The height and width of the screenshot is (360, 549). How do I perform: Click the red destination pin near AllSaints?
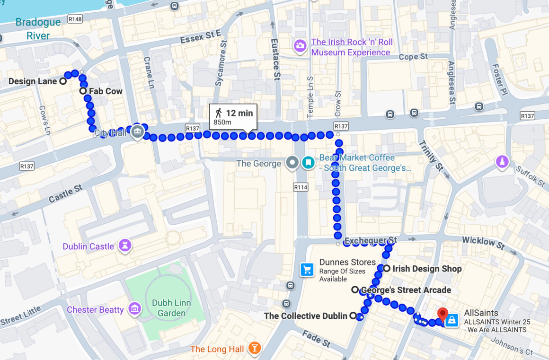point(443,314)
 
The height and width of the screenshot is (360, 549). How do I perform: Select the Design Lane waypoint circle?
point(62,81)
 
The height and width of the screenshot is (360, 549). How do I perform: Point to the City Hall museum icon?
point(137,132)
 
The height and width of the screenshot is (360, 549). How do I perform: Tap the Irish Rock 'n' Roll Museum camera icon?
point(300,46)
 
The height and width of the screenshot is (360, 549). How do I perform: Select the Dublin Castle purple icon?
point(125,246)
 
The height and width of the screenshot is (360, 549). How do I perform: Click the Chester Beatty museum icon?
point(135,309)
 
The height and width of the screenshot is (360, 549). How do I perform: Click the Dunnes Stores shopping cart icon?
point(307,270)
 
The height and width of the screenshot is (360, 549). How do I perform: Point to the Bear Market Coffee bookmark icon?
point(308,163)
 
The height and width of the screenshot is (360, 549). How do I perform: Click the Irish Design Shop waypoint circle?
point(387,269)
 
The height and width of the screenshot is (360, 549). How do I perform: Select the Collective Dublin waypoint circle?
point(353,316)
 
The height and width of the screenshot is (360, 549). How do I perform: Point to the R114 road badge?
point(301,187)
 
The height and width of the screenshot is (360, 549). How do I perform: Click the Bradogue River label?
point(38,29)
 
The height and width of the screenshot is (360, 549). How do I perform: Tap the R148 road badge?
point(75,19)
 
